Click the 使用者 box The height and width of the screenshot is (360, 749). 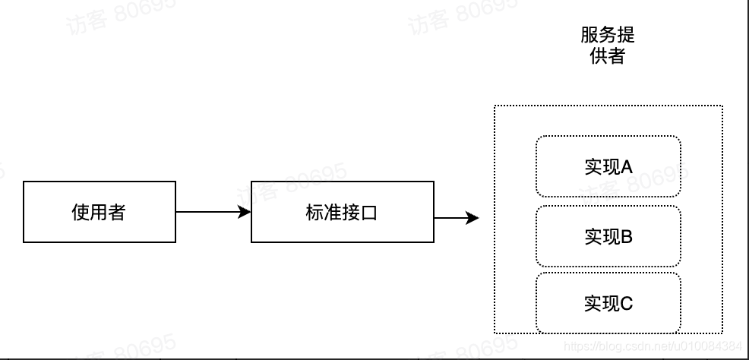point(99,212)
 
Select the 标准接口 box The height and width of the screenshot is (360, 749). point(342,212)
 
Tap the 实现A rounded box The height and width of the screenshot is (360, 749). point(608,166)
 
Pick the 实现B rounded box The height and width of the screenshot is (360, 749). point(608,236)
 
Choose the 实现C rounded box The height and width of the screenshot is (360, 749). point(608,303)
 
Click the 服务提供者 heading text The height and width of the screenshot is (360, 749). point(607,46)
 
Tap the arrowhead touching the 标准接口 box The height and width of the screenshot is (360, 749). point(245,212)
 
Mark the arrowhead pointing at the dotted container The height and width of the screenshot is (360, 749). point(472,219)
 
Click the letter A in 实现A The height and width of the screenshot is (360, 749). point(627,166)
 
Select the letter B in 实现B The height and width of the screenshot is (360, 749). point(627,236)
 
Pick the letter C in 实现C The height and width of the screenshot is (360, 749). point(627,303)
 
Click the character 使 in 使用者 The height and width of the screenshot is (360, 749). point(81,212)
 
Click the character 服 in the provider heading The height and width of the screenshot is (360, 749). point(589,36)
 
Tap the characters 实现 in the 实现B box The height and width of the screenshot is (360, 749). point(602,236)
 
